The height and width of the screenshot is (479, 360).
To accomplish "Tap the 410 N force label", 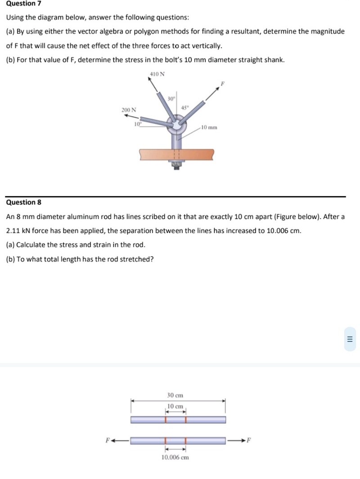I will click(157, 74).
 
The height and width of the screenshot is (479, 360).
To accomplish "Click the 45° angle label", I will click(184, 107).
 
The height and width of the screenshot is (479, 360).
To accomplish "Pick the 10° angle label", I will click(138, 124).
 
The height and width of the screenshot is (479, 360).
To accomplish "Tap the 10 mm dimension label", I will click(209, 127).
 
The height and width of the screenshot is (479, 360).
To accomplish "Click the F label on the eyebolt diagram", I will click(221, 84).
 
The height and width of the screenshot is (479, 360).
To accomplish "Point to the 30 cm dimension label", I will click(175, 395).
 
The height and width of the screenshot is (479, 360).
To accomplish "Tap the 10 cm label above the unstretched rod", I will click(175, 406).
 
